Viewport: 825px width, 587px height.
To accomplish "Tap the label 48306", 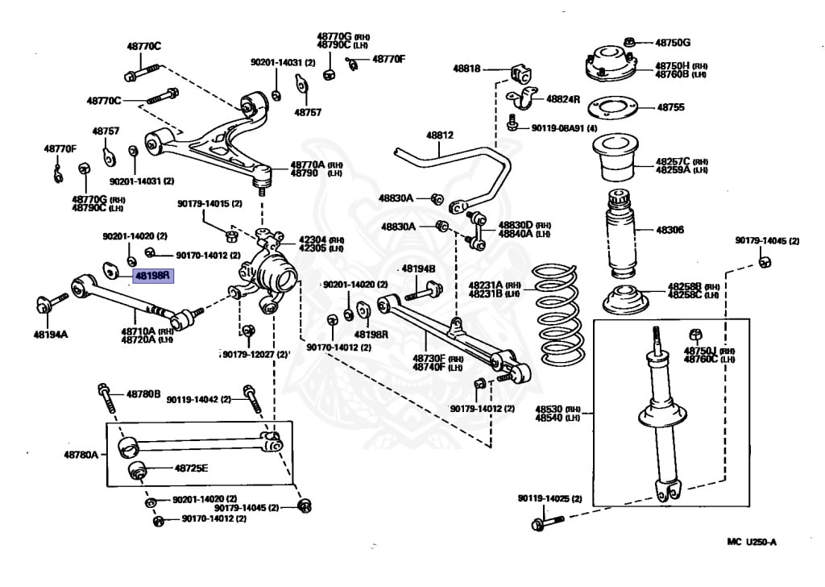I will tap(670, 230).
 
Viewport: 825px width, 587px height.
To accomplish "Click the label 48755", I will tap(670, 106).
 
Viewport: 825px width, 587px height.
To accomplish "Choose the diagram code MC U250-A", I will tap(745, 542).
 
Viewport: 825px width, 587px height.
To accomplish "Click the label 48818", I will tap(466, 69).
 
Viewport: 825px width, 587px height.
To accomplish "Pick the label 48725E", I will tap(191, 468).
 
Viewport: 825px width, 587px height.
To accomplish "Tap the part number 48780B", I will tap(143, 394).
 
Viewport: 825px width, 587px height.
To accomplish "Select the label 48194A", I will tap(51, 333).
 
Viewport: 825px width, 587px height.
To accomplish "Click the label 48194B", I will tap(418, 269).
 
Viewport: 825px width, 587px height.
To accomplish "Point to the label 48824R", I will tap(563, 98).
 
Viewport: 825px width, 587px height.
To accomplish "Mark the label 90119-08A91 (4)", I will tap(563, 128).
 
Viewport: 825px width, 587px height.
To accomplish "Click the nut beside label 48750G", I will tap(631, 41).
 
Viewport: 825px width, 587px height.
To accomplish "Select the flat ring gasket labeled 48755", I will tap(616, 106).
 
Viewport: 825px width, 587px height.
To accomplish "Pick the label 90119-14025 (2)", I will tap(549, 499).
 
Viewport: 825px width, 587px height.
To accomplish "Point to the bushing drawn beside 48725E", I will tap(136, 469).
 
